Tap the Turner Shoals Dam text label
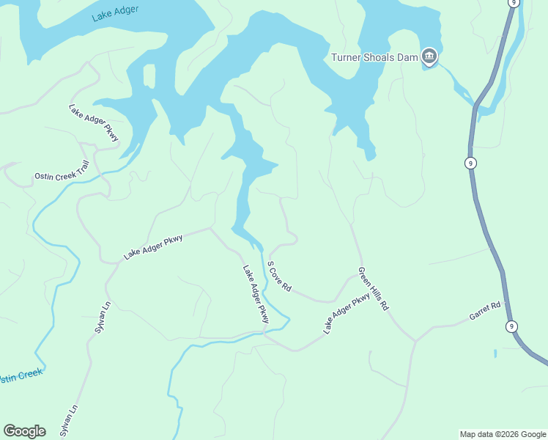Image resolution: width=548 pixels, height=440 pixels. pyautogui.click(x=374, y=57)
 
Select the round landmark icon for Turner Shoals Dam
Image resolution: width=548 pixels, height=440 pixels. pyautogui.click(x=429, y=56)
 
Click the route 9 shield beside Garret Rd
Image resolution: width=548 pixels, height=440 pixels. pyautogui.click(x=511, y=326)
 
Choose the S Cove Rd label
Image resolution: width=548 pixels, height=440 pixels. pyautogui.click(x=279, y=276)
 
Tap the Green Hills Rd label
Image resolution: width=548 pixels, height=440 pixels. pyautogui.click(x=372, y=289)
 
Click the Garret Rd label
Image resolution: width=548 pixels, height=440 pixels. pyautogui.click(x=485, y=311)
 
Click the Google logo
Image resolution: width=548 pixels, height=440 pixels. pyautogui.click(x=24, y=431)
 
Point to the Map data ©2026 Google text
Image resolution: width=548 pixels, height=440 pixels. pyautogui.click(x=503, y=434)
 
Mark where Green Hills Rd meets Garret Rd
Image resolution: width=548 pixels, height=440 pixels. pyautogui.click(x=415, y=341)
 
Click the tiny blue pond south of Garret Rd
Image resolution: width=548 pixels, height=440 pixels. pyautogui.click(x=495, y=353)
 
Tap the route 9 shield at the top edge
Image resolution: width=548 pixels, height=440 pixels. pyautogui.click(x=514, y=3)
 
